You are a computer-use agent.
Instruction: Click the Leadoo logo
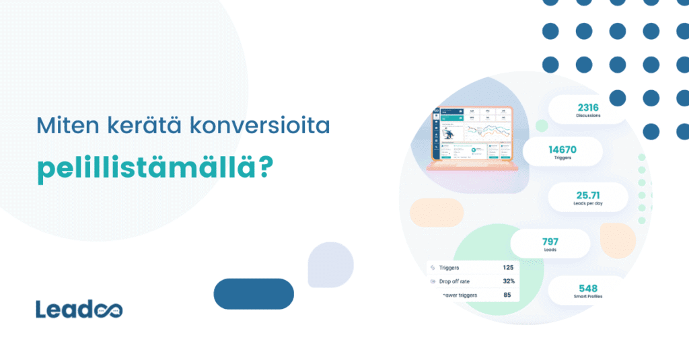click(79, 310)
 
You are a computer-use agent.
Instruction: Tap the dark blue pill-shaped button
click(254, 293)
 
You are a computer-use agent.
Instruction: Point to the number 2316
click(587, 106)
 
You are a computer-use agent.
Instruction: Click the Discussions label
click(587, 116)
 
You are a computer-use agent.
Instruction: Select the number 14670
click(562, 149)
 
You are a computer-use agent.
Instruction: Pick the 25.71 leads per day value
click(587, 195)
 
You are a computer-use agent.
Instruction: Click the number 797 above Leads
click(550, 241)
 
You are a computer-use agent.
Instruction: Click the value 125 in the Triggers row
click(508, 268)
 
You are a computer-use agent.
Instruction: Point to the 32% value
click(508, 281)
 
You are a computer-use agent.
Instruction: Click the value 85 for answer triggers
click(507, 295)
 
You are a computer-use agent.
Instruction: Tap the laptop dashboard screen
click(471, 133)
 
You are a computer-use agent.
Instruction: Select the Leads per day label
click(587, 205)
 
